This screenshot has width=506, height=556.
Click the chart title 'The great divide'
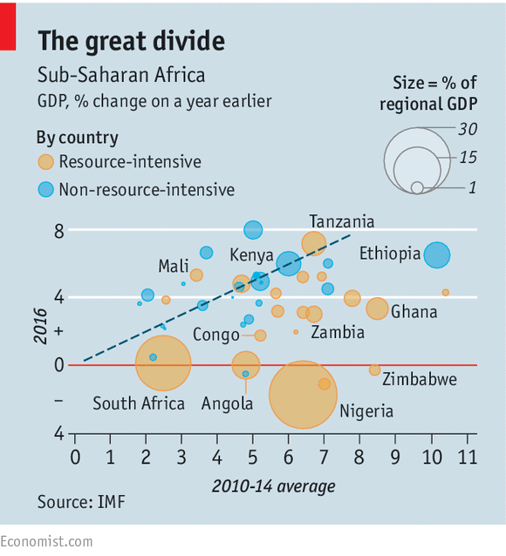tap(130, 41)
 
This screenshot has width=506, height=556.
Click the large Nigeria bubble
tap(303, 393)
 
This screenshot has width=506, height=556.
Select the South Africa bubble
tap(163, 363)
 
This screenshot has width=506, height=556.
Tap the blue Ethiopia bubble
tap(436, 254)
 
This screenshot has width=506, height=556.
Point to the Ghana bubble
tap(377, 309)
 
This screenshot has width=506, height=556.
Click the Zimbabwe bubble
tap(374, 370)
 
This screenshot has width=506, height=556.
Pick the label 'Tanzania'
tap(342, 221)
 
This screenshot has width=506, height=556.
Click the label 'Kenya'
tap(251, 255)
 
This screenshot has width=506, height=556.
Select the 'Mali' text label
tap(174, 266)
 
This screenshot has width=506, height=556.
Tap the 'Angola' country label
tap(227, 403)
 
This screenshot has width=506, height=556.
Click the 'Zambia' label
tap(338, 332)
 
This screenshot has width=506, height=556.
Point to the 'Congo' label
tap(215, 335)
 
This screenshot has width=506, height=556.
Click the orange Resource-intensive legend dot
tap(45, 162)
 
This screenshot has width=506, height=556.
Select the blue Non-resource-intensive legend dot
tap(45, 188)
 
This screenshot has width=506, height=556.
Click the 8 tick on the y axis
tap(59, 231)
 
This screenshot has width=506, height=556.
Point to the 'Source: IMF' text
tap(80, 502)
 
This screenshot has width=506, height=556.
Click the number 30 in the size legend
tap(468, 128)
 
